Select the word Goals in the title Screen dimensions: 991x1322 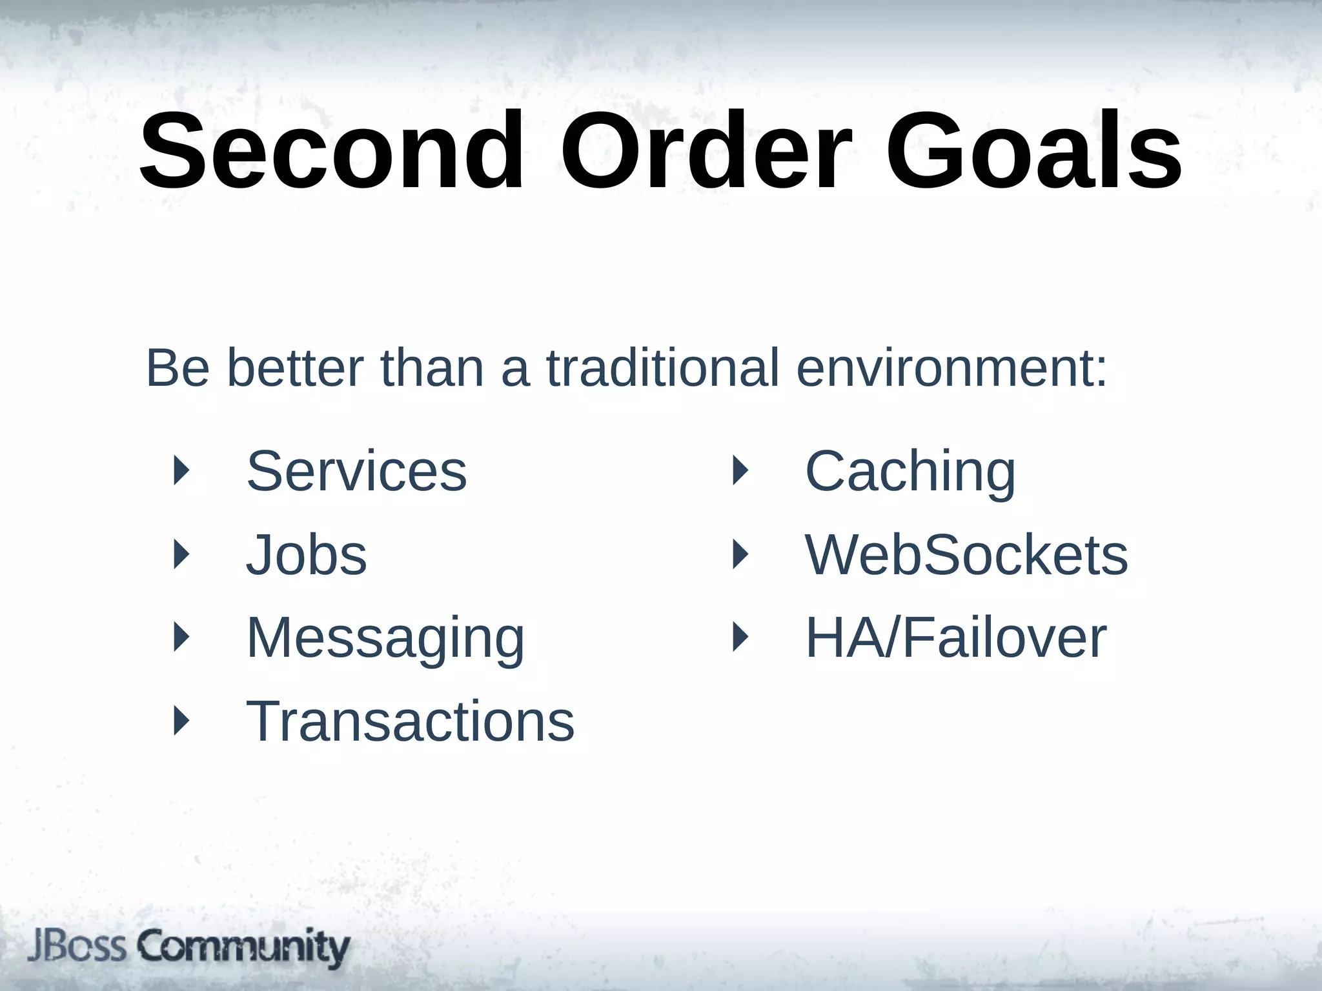[x=1033, y=151]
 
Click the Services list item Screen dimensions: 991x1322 [x=356, y=471]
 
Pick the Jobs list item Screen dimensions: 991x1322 [x=307, y=555]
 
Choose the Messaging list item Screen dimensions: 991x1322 [x=385, y=638]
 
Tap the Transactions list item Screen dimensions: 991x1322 [x=410, y=721]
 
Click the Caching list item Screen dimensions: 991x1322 [x=910, y=471]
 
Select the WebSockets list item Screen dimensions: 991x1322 [x=966, y=555]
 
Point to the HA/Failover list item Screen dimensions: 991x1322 [x=956, y=638]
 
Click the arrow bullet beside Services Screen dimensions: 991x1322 [x=182, y=470]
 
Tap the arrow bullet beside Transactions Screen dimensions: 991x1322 [x=182, y=721]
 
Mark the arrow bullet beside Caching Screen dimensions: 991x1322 [x=740, y=470]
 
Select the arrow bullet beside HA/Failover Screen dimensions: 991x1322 [x=740, y=637]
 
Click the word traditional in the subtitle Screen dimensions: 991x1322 [x=663, y=368]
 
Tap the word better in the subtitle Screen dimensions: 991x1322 [x=295, y=368]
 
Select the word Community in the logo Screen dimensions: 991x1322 [x=243, y=948]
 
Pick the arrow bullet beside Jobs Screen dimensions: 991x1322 [x=182, y=554]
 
